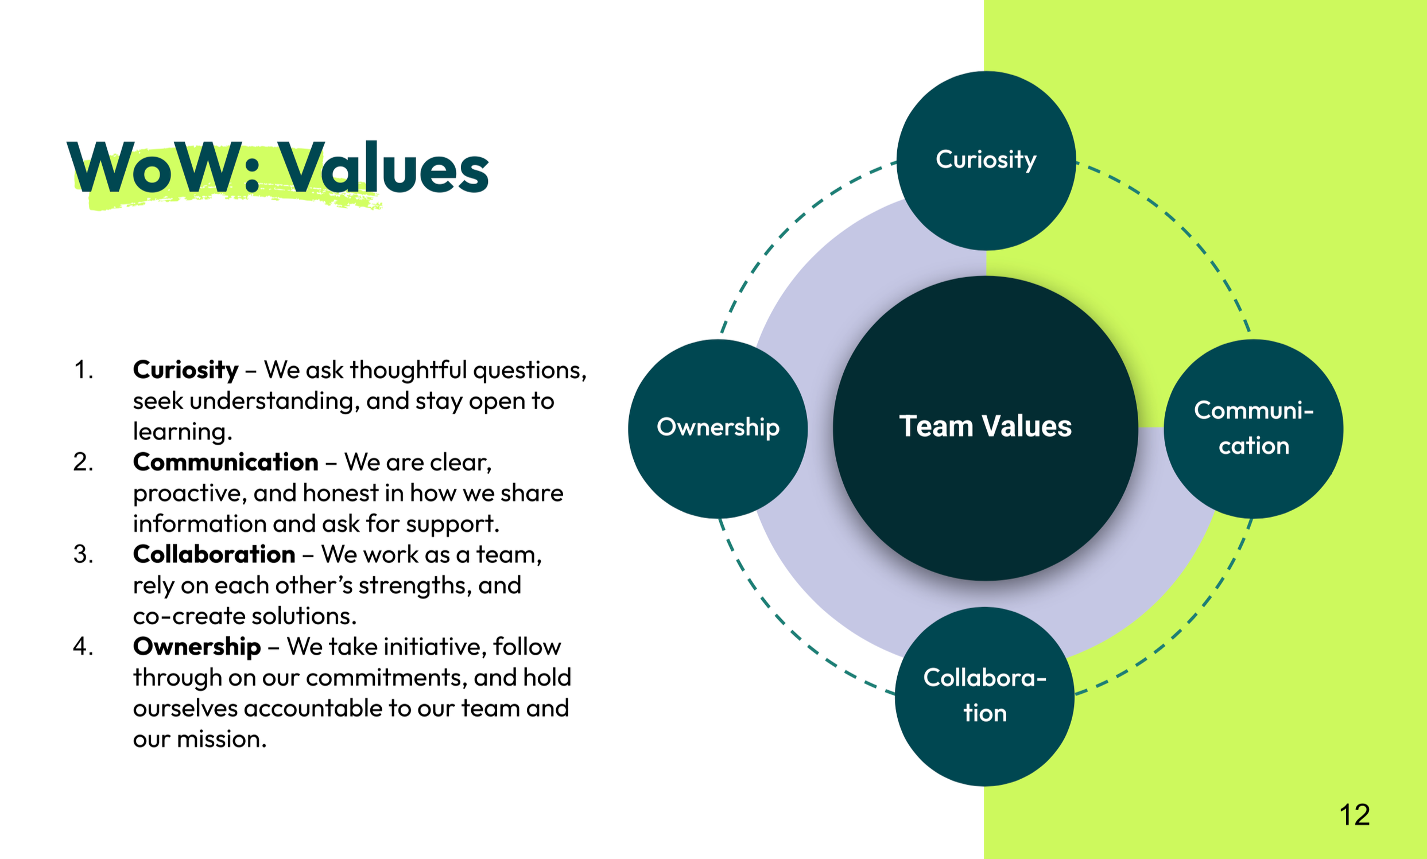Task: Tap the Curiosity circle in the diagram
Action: [986, 160]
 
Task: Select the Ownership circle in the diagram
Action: [718, 428]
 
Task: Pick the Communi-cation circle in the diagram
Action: [1253, 428]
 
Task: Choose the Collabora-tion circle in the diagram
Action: [984, 696]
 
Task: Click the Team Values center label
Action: [985, 426]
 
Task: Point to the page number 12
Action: [1354, 815]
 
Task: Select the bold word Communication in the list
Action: [225, 462]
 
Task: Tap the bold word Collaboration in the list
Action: [214, 554]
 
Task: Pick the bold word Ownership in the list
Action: [197, 647]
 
